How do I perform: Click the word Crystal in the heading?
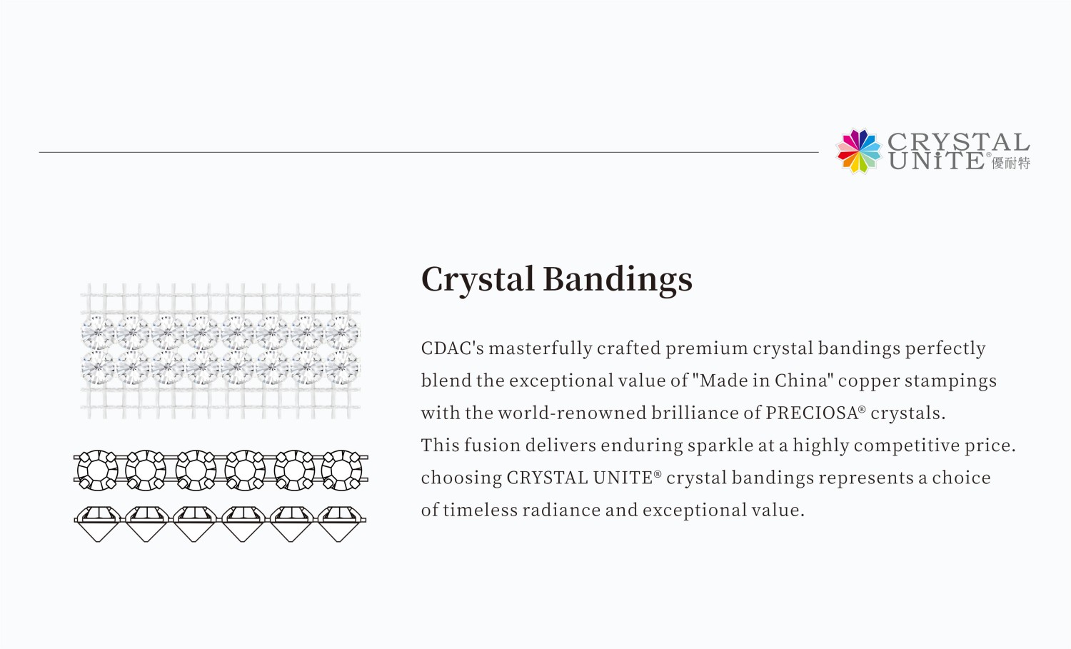point(477,279)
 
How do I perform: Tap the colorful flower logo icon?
point(859,151)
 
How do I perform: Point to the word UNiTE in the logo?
point(936,161)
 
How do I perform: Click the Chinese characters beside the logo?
point(1011,163)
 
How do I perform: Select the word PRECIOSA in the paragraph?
point(812,413)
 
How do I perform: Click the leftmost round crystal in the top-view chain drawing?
point(97,470)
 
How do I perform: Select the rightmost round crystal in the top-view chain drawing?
point(341,470)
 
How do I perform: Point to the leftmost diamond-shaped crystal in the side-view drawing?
point(97,523)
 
